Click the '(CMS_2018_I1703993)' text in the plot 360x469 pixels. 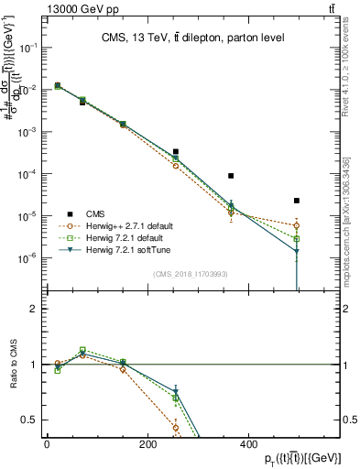191,274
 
